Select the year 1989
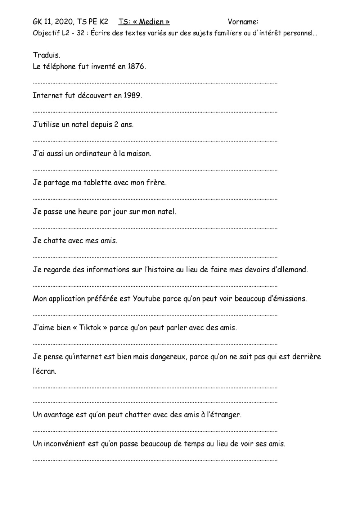(132, 96)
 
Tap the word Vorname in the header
(242, 22)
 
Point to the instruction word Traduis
(46, 55)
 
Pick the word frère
(156, 183)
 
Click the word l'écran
(45, 371)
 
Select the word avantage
(59, 415)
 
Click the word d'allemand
(289, 270)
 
